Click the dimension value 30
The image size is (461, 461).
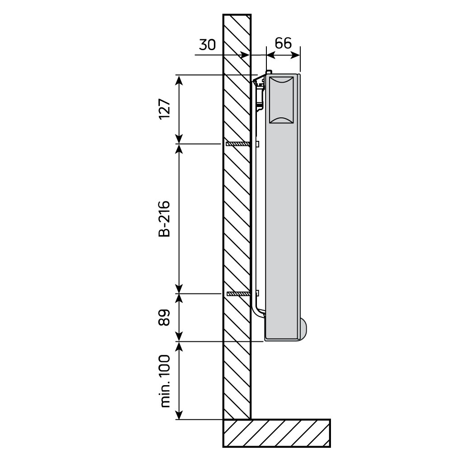208,45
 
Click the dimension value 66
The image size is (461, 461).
283,43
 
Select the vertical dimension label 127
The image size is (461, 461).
165,109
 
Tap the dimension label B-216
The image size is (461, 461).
165,218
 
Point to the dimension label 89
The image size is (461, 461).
165,317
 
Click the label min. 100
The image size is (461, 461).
165,381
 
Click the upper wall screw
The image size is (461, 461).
237,144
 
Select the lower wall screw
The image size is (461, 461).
237,294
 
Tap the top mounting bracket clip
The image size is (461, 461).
260,81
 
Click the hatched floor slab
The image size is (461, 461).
276,433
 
